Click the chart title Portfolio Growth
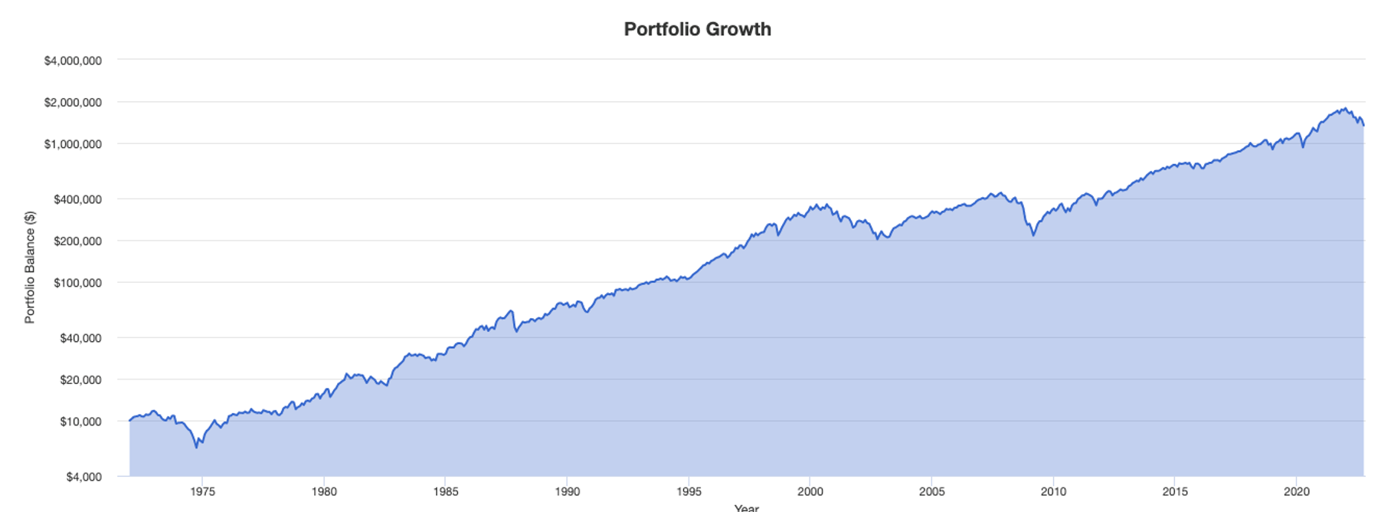point(697,29)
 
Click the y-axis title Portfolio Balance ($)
point(30,267)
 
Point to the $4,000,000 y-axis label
point(73,61)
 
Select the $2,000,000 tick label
point(73,103)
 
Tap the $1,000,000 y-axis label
point(73,144)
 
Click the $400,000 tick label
point(77,199)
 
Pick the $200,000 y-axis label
point(77,241)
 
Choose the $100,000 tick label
point(77,283)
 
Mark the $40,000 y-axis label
point(80,338)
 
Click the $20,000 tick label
point(80,380)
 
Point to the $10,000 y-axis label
point(80,422)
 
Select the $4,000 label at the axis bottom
point(83,477)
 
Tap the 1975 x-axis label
point(202,491)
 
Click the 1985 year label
point(446,491)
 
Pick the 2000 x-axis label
point(810,491)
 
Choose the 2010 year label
point(1053,491)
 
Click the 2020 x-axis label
point(1296,491)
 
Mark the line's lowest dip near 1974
point(196,447)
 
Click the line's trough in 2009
point(1032,235)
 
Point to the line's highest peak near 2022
point(1345,109)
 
